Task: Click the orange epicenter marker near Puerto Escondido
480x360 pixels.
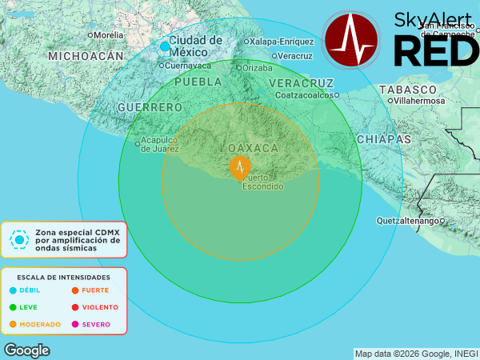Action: (x=240, y=167)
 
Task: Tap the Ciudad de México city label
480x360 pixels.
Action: (x=195, y=46)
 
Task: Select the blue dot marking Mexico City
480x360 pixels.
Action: (x=165, y=46)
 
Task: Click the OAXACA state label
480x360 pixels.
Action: (x=253, y=148)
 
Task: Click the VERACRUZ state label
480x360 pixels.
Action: (x=301, y=83)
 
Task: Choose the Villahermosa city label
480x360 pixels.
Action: (x=417, y=102)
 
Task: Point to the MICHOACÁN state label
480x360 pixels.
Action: (x=86, y=56)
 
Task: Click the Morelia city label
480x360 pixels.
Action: (x=108, y=35)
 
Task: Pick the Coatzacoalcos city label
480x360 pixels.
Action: (x=303, y=94)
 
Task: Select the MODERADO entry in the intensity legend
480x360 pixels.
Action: (x=41, y=324)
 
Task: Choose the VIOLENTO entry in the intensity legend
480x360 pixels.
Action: (x=100, y=307)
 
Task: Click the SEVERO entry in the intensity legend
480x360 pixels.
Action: (x=96, y=324)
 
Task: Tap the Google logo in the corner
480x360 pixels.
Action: (x=26, y=350)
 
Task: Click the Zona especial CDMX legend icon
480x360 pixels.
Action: (x=19, y=239)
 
